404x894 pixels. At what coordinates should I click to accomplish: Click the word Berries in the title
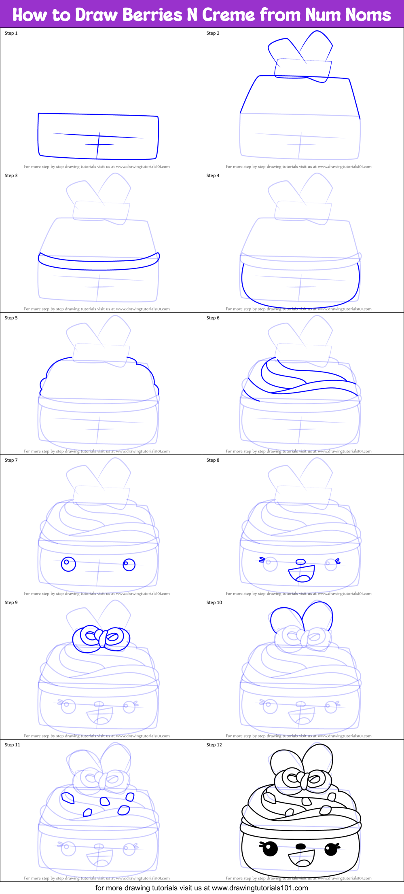(152, 15)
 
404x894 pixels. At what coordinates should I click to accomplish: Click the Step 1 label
(11, 33)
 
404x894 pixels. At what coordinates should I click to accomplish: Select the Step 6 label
(213, 318)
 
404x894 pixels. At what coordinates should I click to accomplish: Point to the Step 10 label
(214, 602)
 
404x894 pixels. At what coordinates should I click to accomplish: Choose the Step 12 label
(214, 745)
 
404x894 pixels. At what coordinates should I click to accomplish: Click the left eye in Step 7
(68, 564)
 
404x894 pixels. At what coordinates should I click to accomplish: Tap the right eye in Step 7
(129, 564)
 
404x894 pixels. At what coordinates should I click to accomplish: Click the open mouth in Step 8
(301, 574)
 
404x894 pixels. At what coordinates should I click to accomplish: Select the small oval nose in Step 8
(300, 562)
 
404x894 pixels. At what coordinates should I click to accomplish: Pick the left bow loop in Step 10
(285, 619)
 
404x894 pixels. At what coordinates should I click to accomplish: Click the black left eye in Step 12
(270, 849)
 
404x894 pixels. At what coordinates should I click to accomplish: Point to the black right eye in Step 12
(331, 849)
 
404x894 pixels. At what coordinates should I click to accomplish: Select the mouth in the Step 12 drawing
(301, 858)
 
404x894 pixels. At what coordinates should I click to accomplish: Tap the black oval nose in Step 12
(300, 846)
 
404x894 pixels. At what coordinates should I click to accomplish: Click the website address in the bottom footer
(260, 888)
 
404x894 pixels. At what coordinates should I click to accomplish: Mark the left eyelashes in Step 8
(262, 560)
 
